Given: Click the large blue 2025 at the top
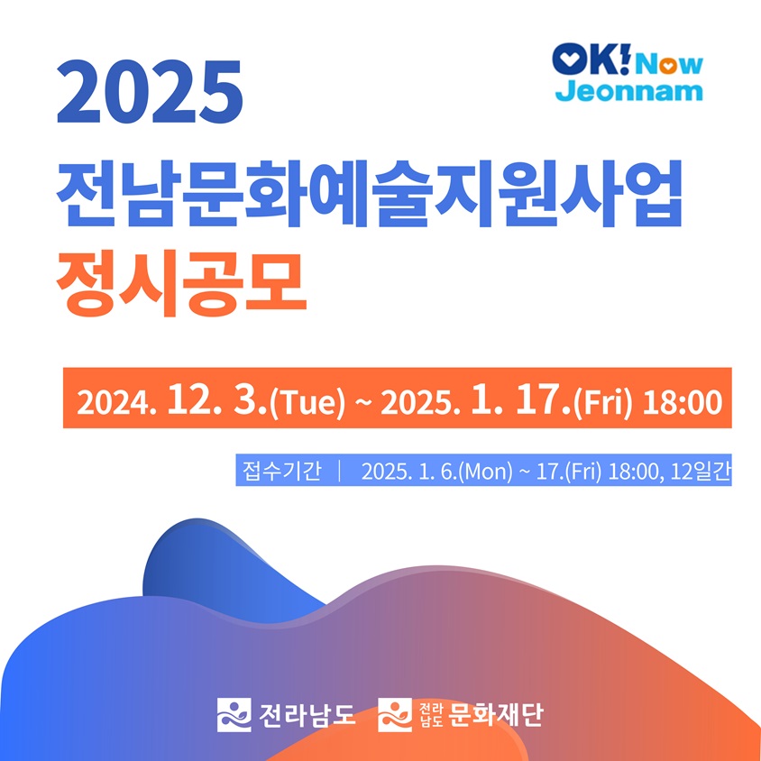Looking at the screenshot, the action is [150, 92].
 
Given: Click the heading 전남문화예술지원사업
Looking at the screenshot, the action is [370, 193].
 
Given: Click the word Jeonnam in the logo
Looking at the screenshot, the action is [629, 91].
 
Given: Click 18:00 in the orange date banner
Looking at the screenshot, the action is [682, 402].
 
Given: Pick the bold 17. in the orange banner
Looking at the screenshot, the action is [543, 401].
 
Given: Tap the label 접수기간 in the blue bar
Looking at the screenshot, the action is [282, 472].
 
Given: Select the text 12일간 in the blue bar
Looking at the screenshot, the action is [701, 472].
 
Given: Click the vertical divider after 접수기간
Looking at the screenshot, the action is [341, 472].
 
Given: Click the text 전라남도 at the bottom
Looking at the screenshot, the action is [307, 714].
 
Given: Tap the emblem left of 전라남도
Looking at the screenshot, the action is [234, 714].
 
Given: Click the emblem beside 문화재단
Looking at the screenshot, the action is [395, 714].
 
